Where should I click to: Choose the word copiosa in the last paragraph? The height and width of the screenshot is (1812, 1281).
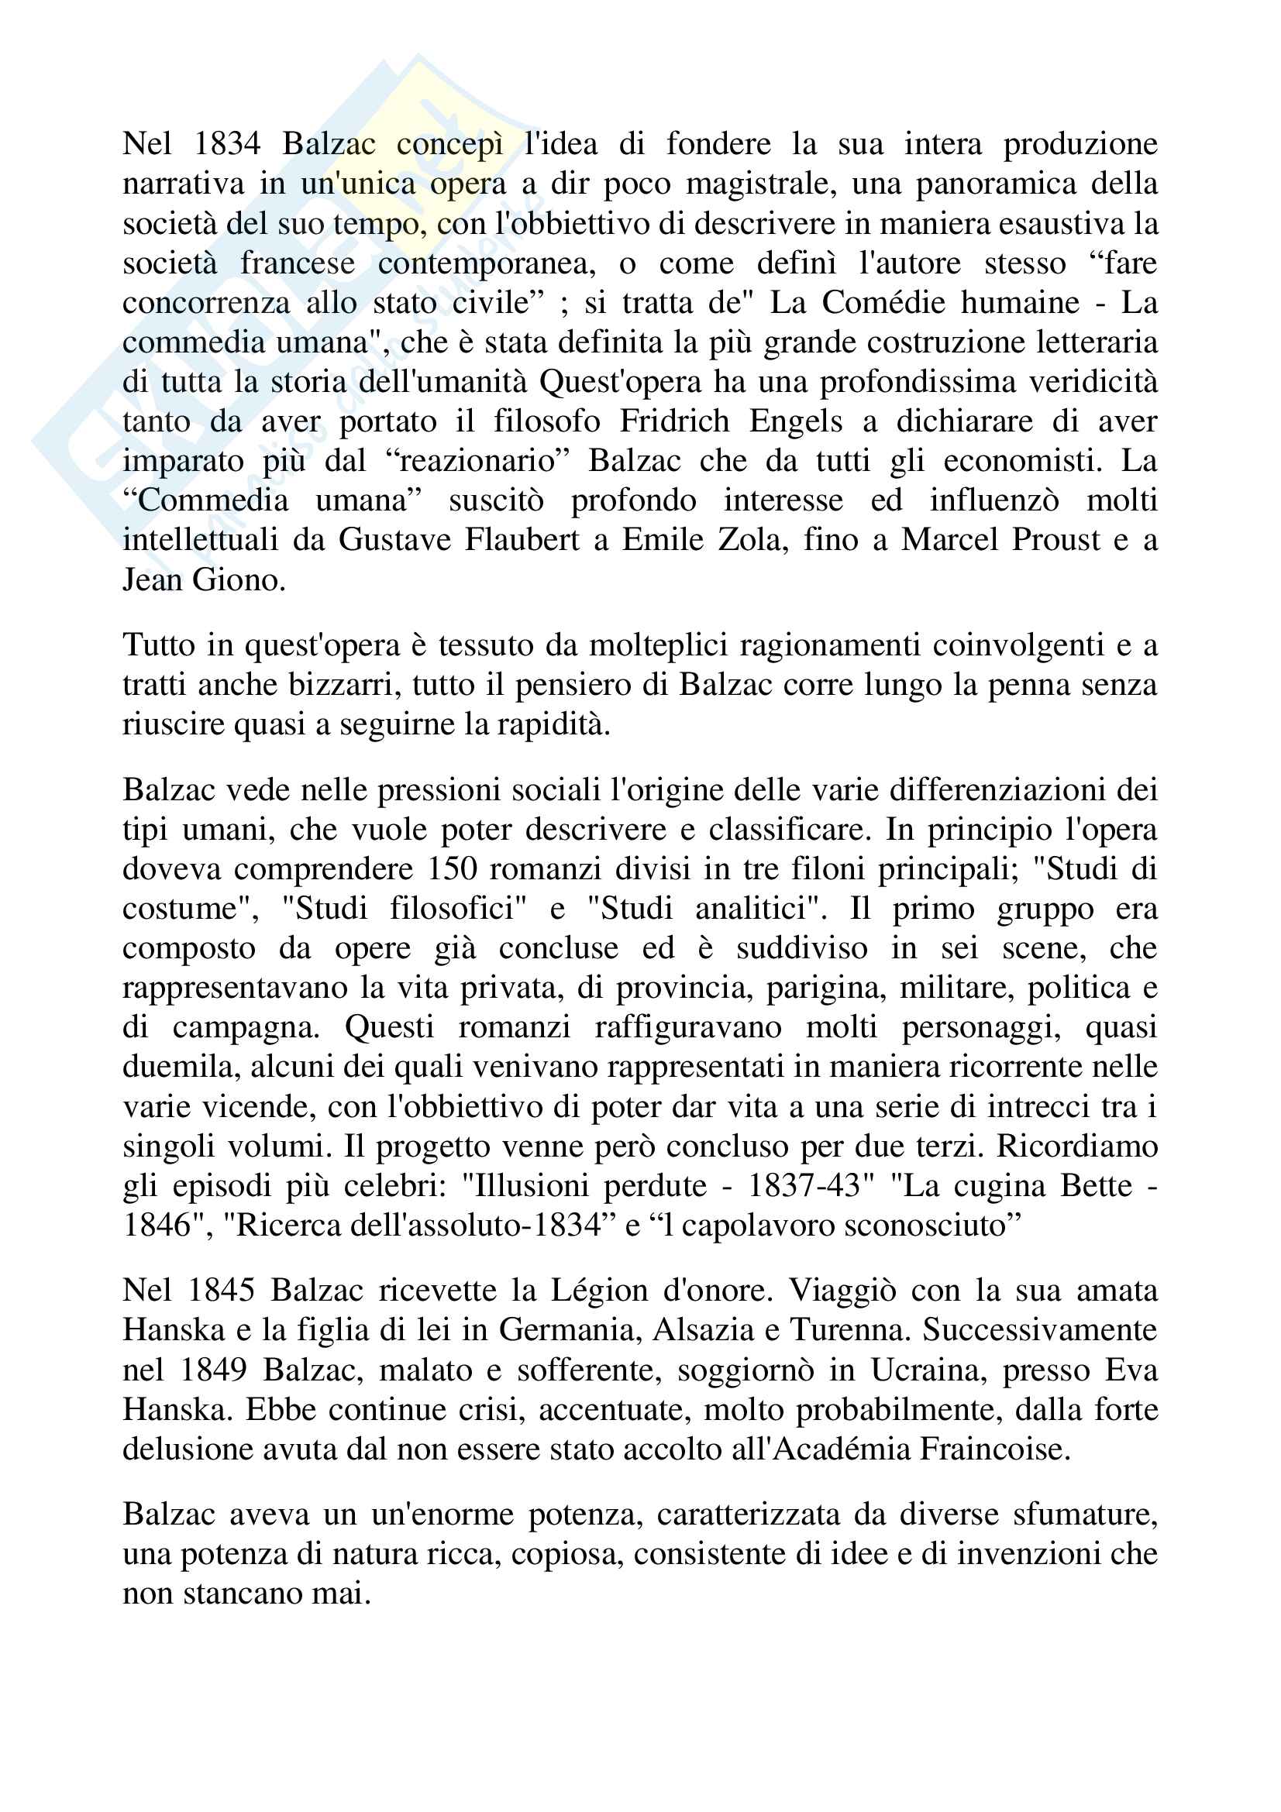click(566, 1555)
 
